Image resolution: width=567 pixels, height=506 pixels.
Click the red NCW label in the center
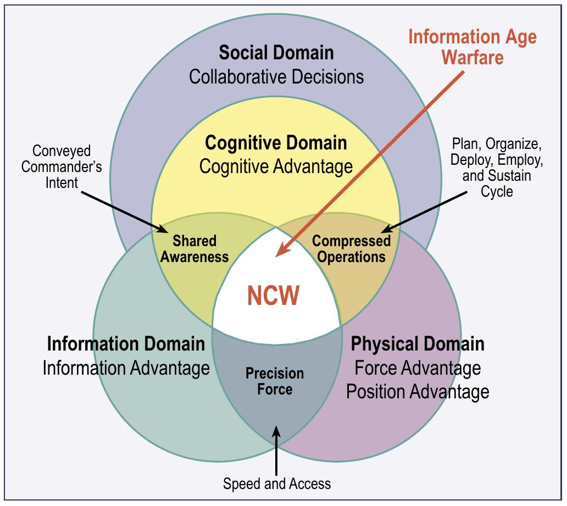point(273,295)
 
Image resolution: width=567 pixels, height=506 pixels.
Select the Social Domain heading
point(276,53)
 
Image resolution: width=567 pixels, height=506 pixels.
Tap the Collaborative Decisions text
point(276,76)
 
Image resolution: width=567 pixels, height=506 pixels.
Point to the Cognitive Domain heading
point(276,143)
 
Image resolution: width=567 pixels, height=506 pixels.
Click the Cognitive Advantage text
point(276,166)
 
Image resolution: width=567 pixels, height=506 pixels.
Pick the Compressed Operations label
point(351,249)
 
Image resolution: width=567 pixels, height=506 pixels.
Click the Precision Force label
point(274,381)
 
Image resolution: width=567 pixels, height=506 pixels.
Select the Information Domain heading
point(126,344)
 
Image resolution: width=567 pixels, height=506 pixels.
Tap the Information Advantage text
point(126,368)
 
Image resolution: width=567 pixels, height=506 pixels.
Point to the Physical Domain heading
point(418,344)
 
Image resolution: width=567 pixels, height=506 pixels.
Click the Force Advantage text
point(418,368)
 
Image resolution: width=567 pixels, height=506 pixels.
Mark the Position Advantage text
point(418,391)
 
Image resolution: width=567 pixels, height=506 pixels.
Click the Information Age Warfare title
point(472,47)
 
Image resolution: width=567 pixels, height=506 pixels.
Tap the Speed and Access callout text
point(277,483)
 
